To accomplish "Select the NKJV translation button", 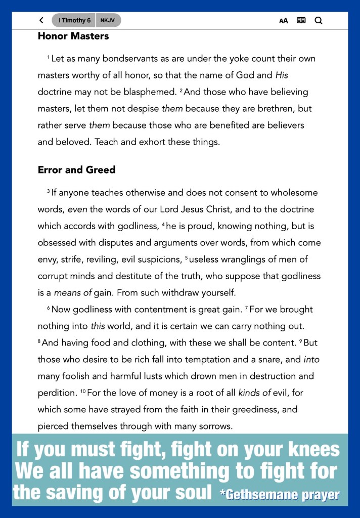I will pos(108,21).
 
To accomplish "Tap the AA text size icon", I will pos(284,21).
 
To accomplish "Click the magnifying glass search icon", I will pos(319,21).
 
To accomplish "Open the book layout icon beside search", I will pos(301,21).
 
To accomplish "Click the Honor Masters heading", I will pos(73,36).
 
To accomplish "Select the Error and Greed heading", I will pos(76,170).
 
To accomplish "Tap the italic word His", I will pos(282,75).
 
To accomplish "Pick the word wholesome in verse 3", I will pos(293,193).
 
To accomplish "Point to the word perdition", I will pos(56,393).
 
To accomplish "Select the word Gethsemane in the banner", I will pos(265,494).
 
